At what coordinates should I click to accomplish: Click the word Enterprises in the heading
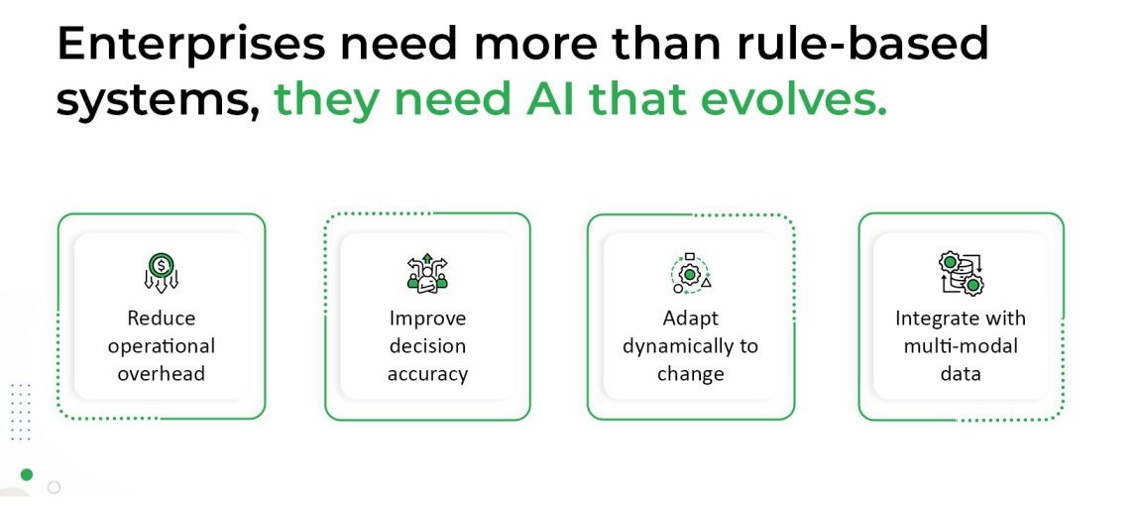[x=191, y=44]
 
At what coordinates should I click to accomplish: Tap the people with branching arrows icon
[x=427, y=272]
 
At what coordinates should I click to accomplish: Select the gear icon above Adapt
[x=690, y=273]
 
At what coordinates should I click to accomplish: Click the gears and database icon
[x=961, y=272]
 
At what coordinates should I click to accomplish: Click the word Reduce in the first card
[x=162, y=319]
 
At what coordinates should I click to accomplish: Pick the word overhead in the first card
[x=162, y=373]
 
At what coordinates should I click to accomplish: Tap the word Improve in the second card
[x=427, y=319]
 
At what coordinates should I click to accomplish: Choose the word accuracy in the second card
[x=427, y=375]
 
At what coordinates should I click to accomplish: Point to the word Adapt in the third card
[x=690, y=319]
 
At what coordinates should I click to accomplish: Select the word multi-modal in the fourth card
[x=961, y=345]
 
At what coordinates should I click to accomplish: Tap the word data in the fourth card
[x=961, y=373]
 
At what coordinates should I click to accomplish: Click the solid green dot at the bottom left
[x=27, y=475]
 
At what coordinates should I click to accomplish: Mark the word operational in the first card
[x=162, y=347]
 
